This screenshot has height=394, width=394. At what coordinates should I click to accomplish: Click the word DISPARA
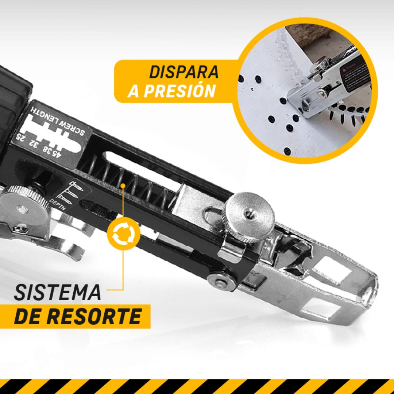point(184,73)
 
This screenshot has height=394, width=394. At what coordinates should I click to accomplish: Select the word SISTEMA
point(58,292)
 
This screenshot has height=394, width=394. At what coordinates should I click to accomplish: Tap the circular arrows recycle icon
point(123,235)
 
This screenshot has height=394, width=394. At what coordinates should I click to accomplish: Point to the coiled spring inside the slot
point(139,186)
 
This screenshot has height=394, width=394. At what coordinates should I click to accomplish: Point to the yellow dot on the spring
point(123,186)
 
